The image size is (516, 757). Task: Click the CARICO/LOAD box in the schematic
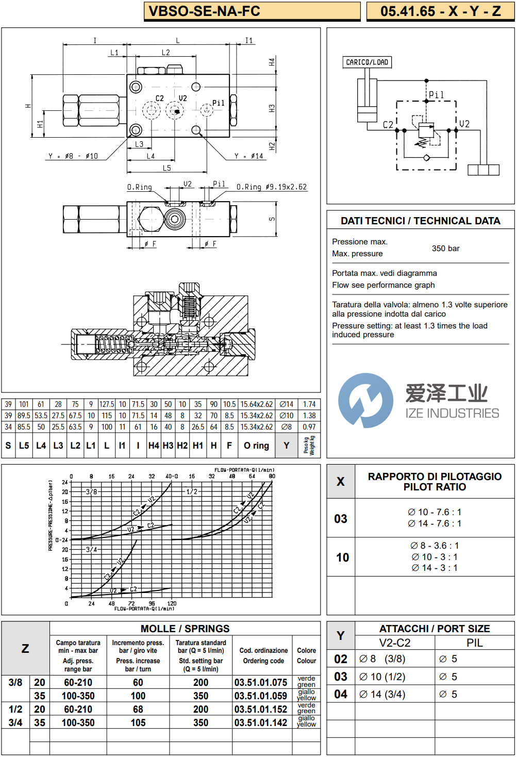(x=367, y=62)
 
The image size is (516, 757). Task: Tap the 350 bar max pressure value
(x=445, y=249)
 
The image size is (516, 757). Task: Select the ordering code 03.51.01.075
(x=261, y=683)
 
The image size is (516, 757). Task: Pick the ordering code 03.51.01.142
(x=261, y=723)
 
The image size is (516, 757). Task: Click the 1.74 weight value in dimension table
(x=309, y=405)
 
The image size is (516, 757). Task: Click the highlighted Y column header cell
(x=287, y=446)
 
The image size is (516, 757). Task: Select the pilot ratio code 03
(x=341, y=519)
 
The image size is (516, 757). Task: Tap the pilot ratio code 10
(x=342, y=557)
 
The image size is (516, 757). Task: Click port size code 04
(x=341, y=694)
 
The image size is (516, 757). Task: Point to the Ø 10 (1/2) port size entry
(x=382, y=677)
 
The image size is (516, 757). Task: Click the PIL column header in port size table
(x=474, y=643)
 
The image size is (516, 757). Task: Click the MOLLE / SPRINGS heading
(x=185, y=629)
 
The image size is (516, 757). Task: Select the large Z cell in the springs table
(x=25, y=649)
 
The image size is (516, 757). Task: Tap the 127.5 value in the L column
(x=107, y=405)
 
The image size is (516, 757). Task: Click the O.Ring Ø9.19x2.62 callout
(x=272, y=187)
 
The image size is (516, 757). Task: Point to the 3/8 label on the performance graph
(x=91, y=492)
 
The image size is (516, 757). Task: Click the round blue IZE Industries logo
(x=365, y=401)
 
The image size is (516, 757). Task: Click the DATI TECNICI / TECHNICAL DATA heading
(x=420, y=221)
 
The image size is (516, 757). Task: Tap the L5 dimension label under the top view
(x=167, y=168)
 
